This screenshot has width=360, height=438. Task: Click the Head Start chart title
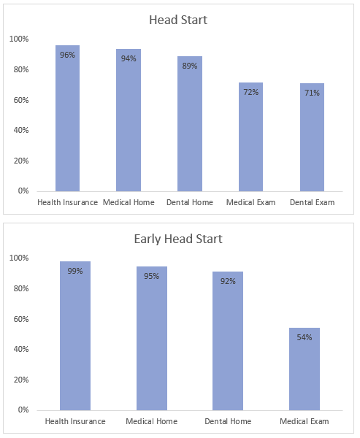(x=178, y=20)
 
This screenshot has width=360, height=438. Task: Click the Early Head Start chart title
(x=178, y=239)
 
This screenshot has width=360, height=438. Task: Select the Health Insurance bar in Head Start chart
(x=67, y=118)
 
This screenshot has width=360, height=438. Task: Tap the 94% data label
(x=129, y=58)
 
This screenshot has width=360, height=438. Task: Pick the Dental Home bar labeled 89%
(x=190, y=124)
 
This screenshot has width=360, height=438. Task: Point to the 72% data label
(x=250, y=92)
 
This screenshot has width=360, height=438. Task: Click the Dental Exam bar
(x=313, y=137)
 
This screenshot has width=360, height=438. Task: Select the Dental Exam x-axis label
(x=313, y=202)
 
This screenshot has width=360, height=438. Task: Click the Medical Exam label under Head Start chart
(x=250, y=202)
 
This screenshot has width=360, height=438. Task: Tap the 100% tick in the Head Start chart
(x=19, y=39)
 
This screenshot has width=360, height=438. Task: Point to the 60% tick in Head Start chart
(x=21, y=100)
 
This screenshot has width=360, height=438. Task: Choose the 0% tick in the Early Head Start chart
(x=23, y=410)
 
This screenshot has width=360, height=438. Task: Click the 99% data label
(x=75, y=271)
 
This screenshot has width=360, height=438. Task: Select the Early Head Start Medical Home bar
(x=152, y=338)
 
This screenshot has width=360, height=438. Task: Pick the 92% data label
(x=228, y=281)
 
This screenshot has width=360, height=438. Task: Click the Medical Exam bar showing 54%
(x=305, y=369)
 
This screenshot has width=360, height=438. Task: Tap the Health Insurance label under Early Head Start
(x=75, y=421)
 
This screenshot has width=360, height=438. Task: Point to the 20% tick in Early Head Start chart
(x=21, y=380)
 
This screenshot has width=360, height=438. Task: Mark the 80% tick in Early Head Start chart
(x=21, y=288)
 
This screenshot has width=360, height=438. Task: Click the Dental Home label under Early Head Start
(x=228, y=421)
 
